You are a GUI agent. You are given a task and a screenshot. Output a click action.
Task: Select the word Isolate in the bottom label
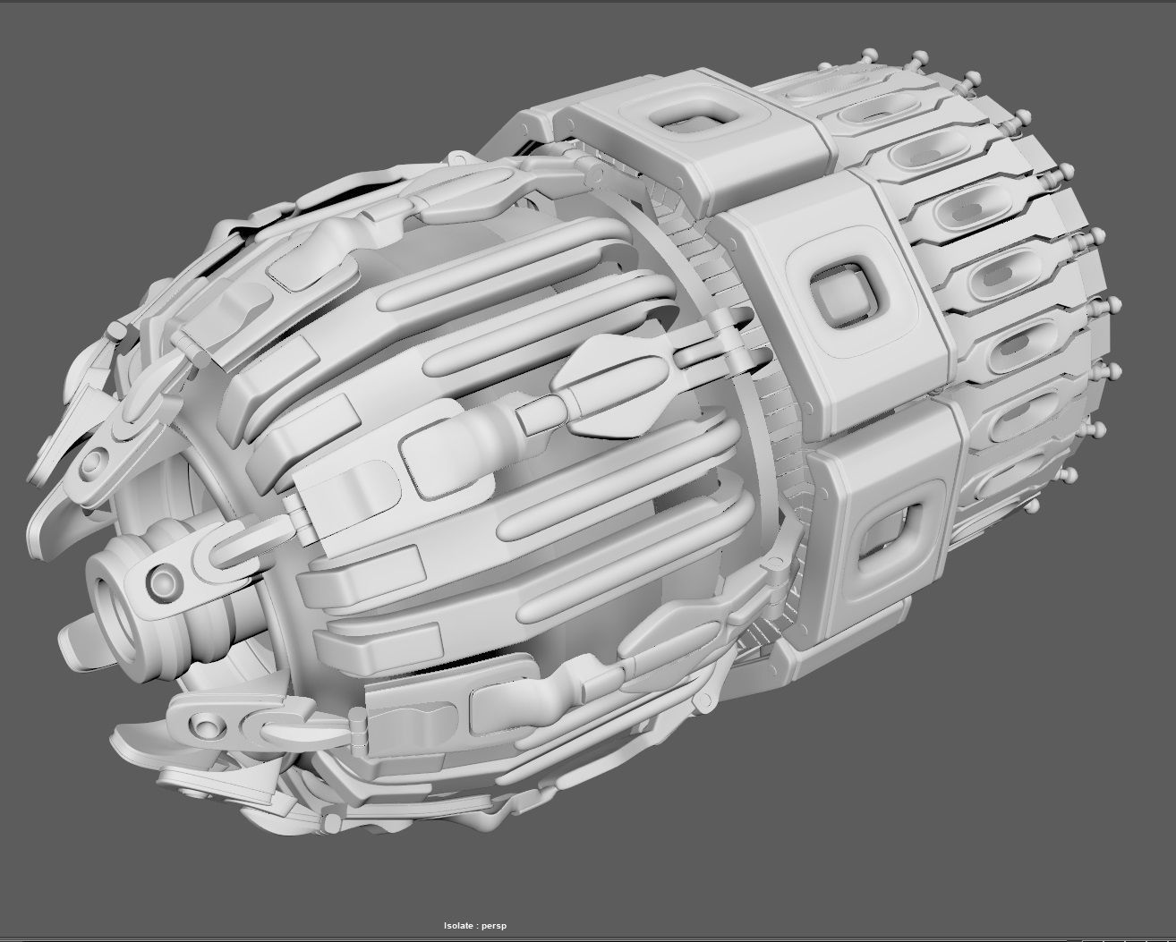462,926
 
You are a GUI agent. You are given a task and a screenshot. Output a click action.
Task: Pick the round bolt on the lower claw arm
208,722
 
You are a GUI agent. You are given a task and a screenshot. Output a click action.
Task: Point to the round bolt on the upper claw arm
90,467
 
